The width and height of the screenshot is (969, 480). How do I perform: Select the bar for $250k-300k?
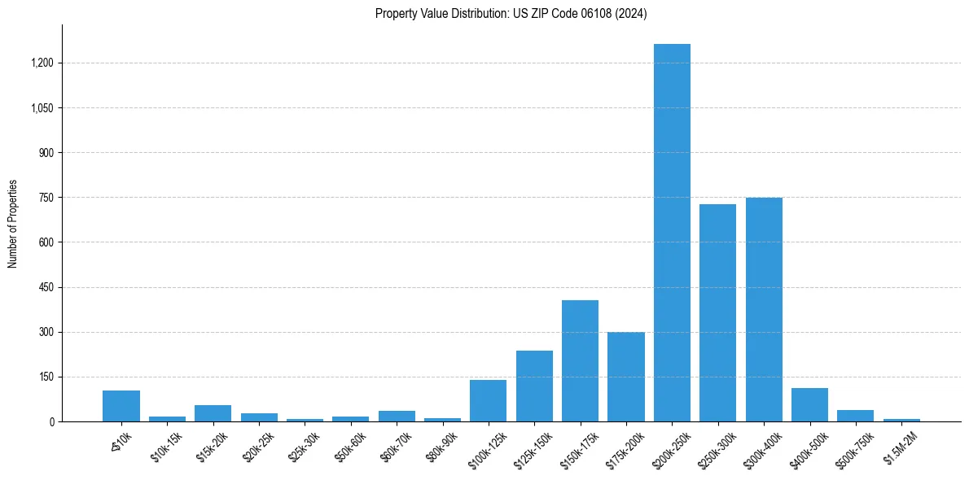click(717, 313)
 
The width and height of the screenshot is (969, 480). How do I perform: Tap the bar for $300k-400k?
click(764, 310)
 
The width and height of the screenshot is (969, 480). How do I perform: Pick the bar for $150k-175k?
click(580, 361)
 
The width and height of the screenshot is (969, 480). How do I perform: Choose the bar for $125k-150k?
click(534, 386)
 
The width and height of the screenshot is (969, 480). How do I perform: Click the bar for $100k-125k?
click(488, 401)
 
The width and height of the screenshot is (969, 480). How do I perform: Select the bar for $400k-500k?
click(809, 405)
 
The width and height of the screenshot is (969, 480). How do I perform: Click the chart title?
click(511, 14)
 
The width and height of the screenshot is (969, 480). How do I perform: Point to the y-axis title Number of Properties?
click(13, 224)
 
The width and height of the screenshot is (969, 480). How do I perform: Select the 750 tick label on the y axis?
click(46, 198)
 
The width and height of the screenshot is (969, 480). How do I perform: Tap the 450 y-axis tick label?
click(46, 287)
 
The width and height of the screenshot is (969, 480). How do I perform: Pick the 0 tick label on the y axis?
click(51, 422)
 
